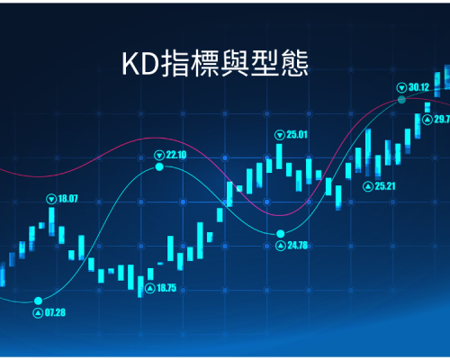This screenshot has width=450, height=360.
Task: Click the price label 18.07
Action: [67, 199]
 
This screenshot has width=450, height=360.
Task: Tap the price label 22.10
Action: [176, 155]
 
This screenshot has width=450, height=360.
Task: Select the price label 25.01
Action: [297, 135]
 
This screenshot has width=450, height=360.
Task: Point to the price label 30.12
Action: [418, 87]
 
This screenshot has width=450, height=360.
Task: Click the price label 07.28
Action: [55, 313]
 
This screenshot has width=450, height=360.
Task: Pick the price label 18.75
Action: [166, 288]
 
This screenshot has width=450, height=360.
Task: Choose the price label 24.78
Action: [298, 246]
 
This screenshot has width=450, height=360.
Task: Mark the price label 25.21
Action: [385, 186]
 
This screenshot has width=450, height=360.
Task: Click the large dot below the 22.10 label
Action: [159, 166]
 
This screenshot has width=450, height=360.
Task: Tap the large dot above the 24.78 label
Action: [281, 233]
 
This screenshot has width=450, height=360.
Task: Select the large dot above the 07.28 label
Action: [38, 301]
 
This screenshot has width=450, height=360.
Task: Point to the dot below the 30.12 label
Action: [401, 100]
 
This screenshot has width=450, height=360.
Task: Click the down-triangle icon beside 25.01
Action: [280, 135]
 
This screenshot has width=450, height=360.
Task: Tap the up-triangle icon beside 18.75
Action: [149, 289]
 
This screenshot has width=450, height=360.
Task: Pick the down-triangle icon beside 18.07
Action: [51, 199]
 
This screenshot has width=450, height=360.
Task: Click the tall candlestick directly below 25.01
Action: [279, 157]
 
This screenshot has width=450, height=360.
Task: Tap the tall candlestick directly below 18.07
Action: [51, 221]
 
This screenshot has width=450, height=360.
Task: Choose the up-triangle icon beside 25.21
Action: [368, 186]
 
